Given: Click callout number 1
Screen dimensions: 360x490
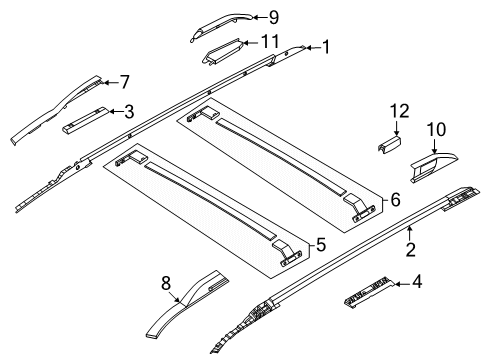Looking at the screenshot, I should tap(324, 46).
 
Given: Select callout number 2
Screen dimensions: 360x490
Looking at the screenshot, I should tap(409, 258).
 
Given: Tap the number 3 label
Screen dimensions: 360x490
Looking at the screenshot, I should tap(129, 111).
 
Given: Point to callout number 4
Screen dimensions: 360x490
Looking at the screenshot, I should tap(417, 283).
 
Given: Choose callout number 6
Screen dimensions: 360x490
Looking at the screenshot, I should tap(394, 200).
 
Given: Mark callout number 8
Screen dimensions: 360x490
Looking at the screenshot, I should tap(166, 282).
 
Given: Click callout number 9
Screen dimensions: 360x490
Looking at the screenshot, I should tap(273, 16).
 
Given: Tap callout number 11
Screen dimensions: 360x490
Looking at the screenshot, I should tap(268, 41).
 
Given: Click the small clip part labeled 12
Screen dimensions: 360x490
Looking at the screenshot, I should tap(386, 145).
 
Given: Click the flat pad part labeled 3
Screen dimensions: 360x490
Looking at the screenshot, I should tap(85, 121).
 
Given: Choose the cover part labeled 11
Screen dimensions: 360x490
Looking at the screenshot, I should tap(225, 52).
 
